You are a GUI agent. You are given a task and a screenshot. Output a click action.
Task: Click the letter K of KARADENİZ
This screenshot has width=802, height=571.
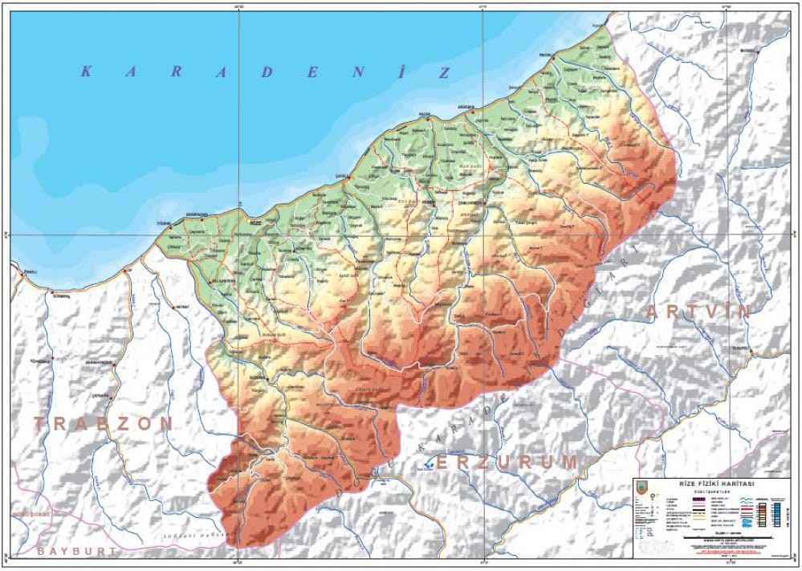coord(86,71)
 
